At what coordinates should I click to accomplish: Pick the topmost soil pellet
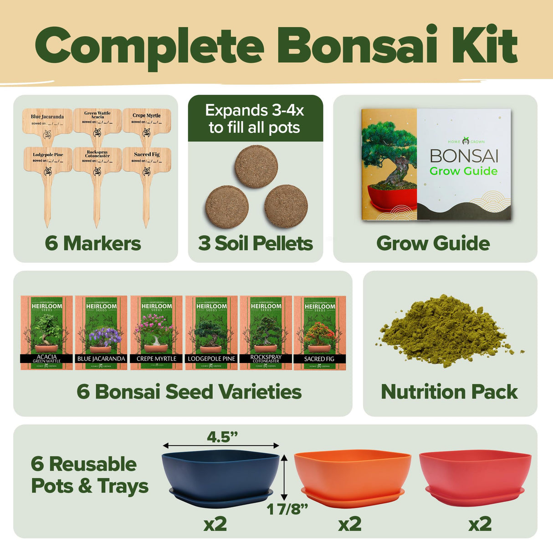click(256, 166)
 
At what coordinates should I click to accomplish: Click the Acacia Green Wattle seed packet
click(46, 333)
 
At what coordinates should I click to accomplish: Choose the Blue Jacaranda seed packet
click(101, 333)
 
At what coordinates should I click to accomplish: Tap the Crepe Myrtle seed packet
click(156, 333)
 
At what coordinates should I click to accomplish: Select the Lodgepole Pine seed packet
click(211, 333)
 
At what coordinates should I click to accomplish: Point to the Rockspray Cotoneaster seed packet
click(266, 333)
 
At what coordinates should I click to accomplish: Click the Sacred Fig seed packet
click(319, 333)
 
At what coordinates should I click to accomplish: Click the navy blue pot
click(221, 474)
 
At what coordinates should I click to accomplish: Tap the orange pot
click(352, 474)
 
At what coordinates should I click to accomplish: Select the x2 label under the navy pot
click(215, 524)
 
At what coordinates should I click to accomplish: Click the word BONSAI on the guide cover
click(464, 156)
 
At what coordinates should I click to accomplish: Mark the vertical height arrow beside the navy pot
click(284, 477)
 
